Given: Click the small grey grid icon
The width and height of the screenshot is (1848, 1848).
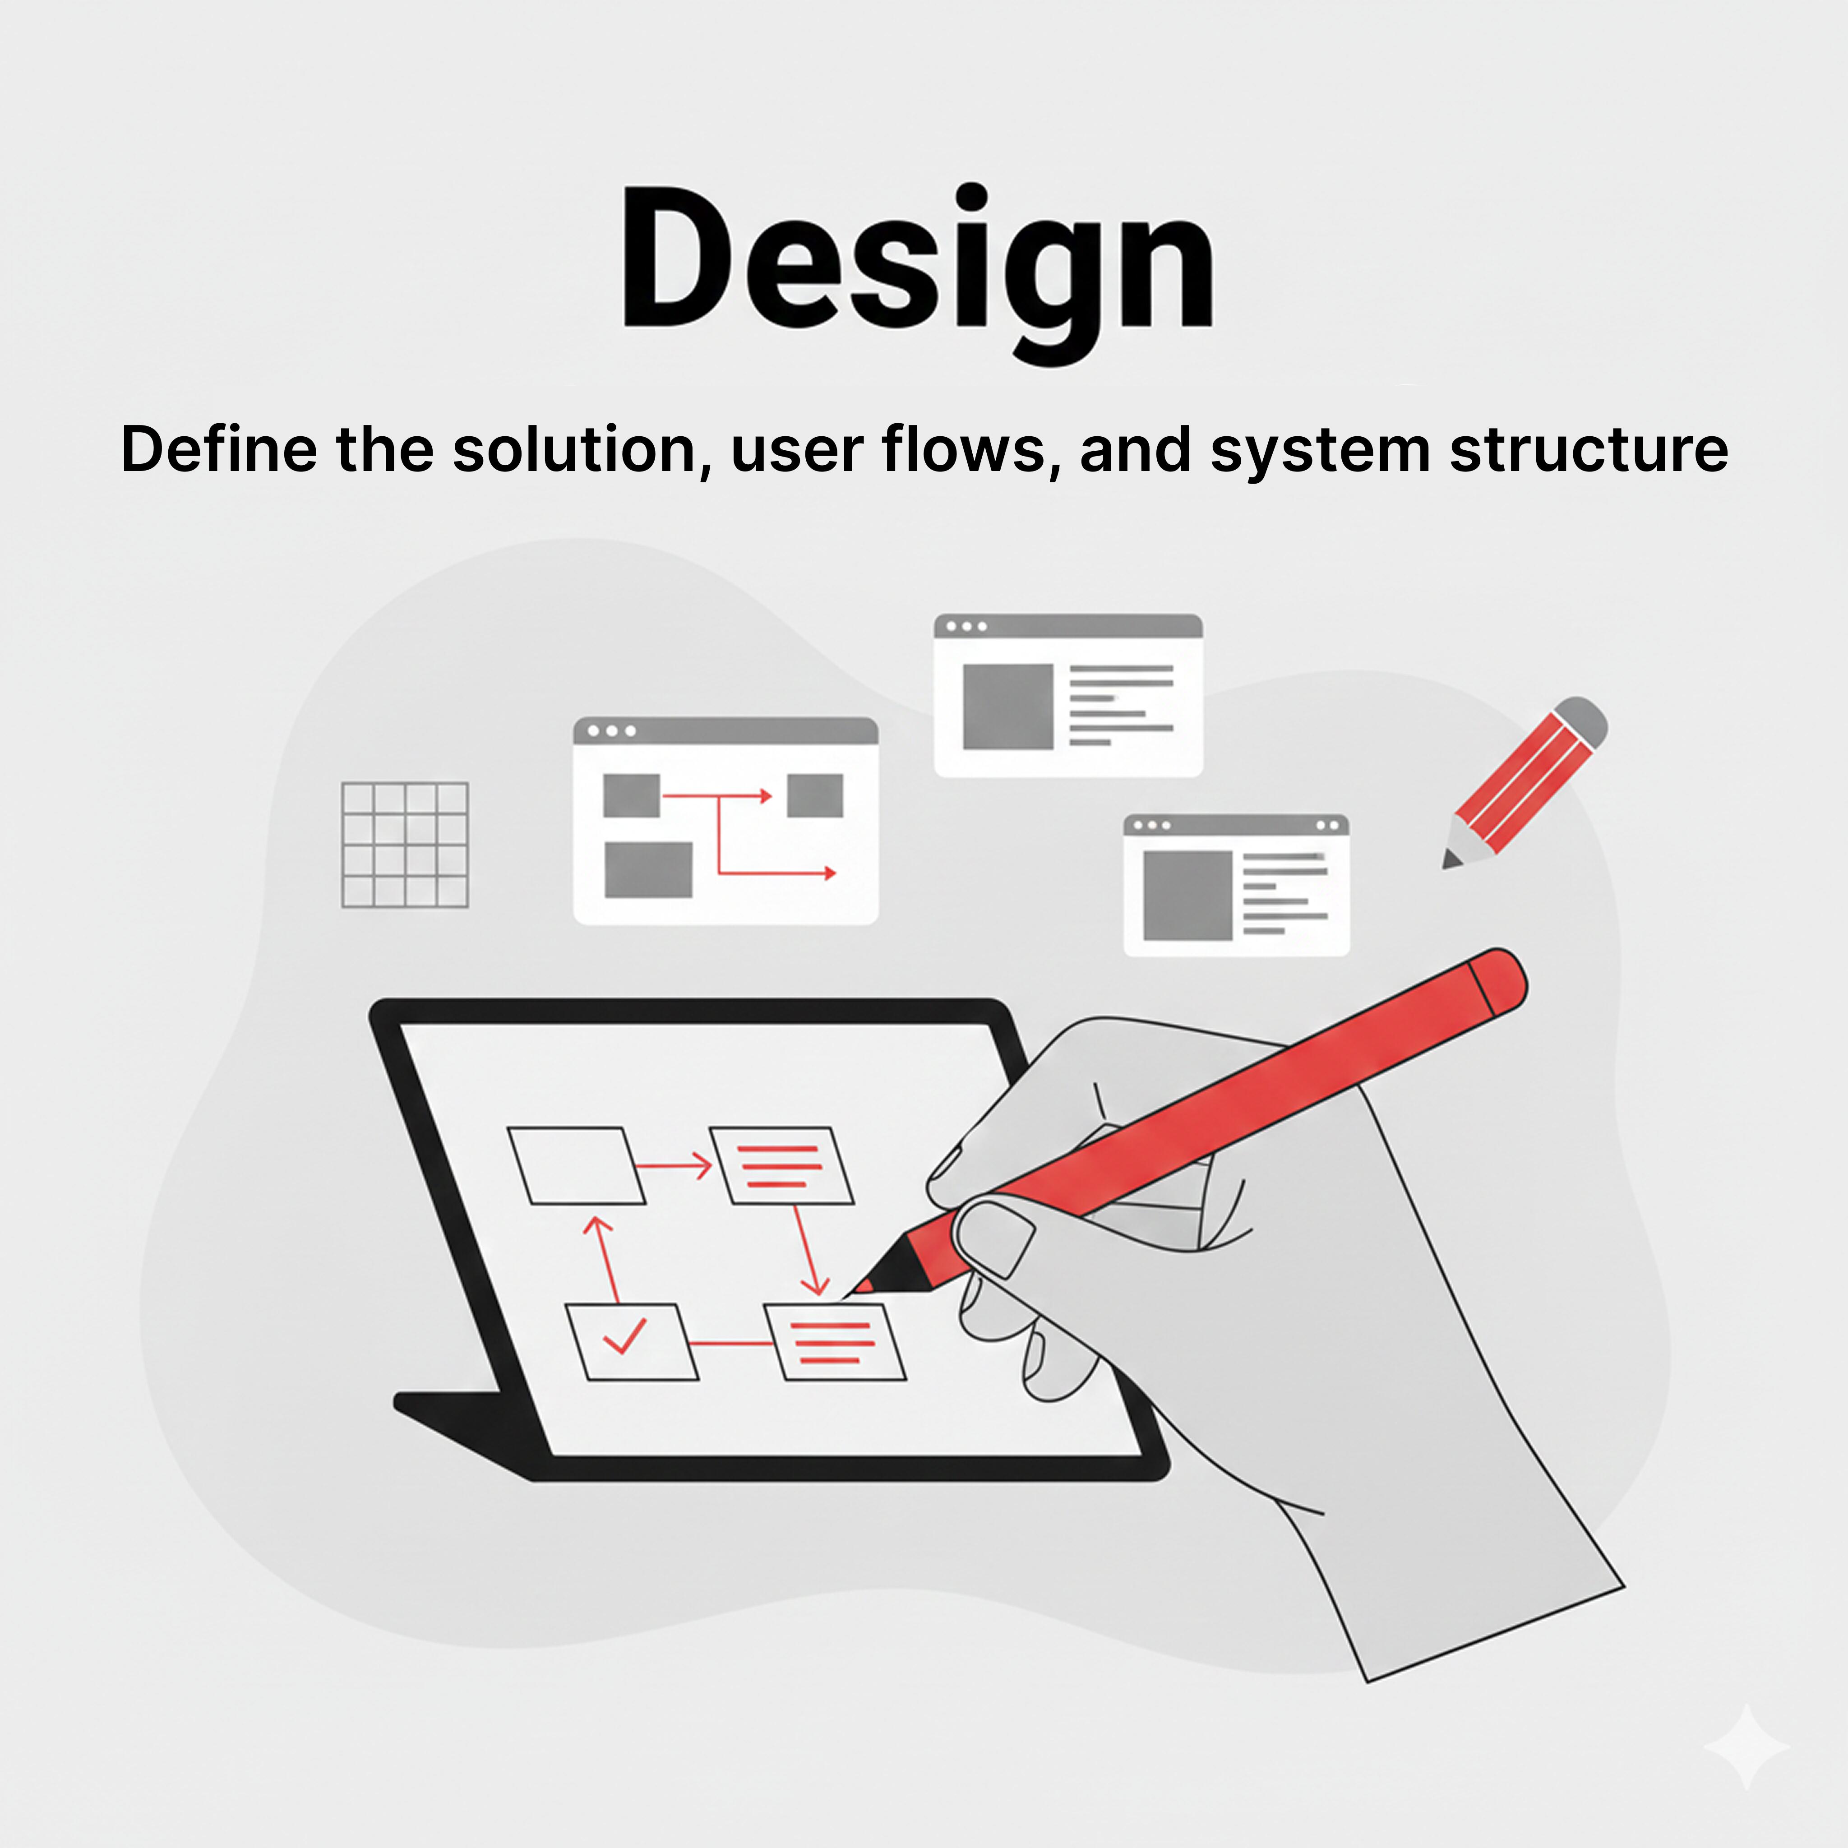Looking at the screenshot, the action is coord(405,845).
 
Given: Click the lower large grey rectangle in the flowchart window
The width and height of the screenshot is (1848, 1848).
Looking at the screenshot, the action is coord(648,869).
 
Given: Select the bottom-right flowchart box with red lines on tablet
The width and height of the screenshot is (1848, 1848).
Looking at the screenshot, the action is coord(835,1342).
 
